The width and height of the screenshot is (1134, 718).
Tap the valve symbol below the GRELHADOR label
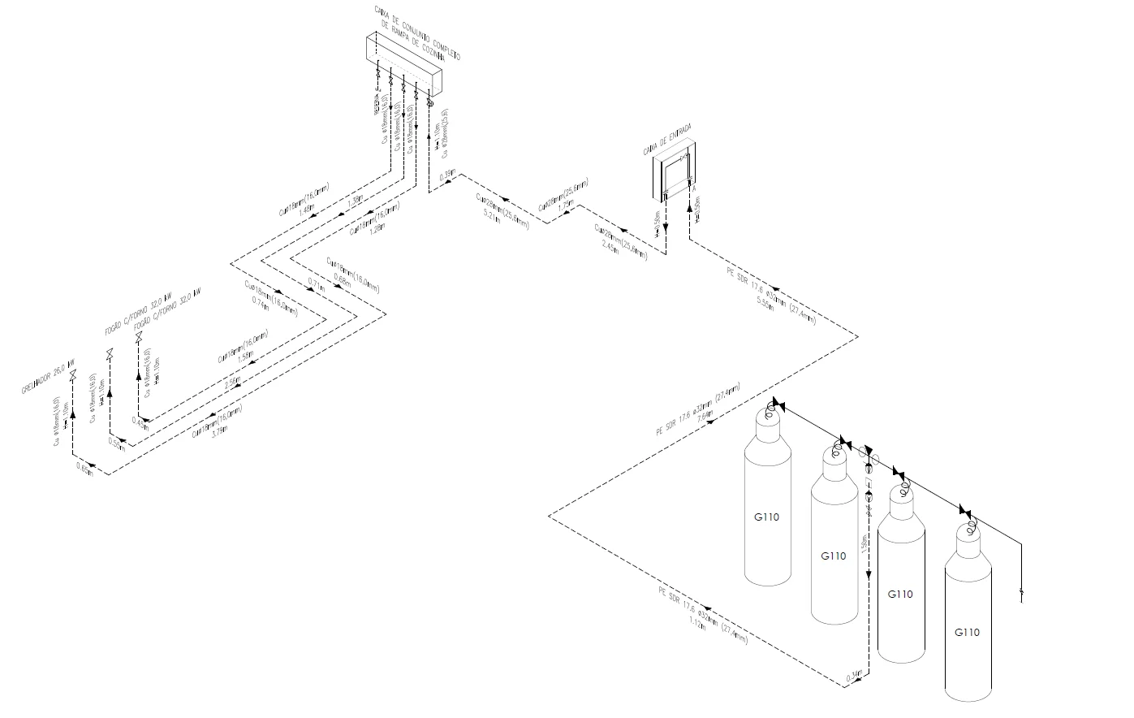tap(73, 374)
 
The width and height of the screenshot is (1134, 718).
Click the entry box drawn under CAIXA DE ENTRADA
tap(675, 174)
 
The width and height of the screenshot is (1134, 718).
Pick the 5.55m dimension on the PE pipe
tap(765, 301)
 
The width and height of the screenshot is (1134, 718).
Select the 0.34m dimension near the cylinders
tap(854, 675)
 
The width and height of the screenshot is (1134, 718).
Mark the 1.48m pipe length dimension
tap(306, 210)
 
